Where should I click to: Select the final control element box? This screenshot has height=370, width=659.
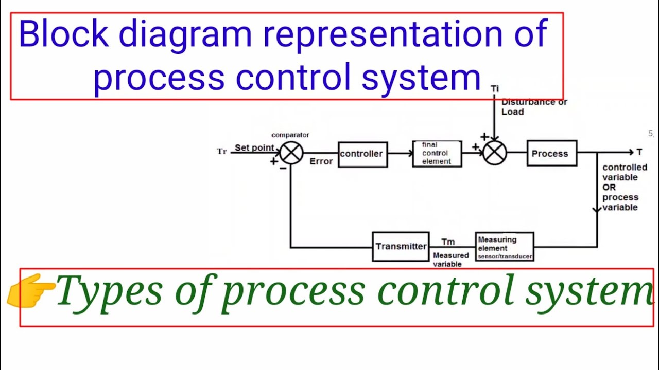coord(437,154)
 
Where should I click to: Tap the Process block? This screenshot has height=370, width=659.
coord(551,154)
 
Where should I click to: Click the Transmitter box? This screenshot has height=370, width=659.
coord(401,247)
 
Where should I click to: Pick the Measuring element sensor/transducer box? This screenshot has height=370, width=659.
coord(505,247)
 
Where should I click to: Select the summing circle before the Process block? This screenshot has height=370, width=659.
coord(495,153)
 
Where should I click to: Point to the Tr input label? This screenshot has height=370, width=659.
coord(222,152)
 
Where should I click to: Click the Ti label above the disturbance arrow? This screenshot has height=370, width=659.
coord(495,89)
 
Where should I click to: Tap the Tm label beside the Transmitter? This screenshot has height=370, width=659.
coord(448,242)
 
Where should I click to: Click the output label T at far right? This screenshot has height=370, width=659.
coord(639,152)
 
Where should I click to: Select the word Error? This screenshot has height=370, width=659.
coord(321,161)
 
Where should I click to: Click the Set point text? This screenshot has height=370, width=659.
coord(254,148)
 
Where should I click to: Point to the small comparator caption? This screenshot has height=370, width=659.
coord(290,135)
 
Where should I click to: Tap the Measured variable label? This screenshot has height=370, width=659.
coord(450,260)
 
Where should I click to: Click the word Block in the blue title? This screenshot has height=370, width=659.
coord(63,35)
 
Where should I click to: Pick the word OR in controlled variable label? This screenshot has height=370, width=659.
coord(609,188)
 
